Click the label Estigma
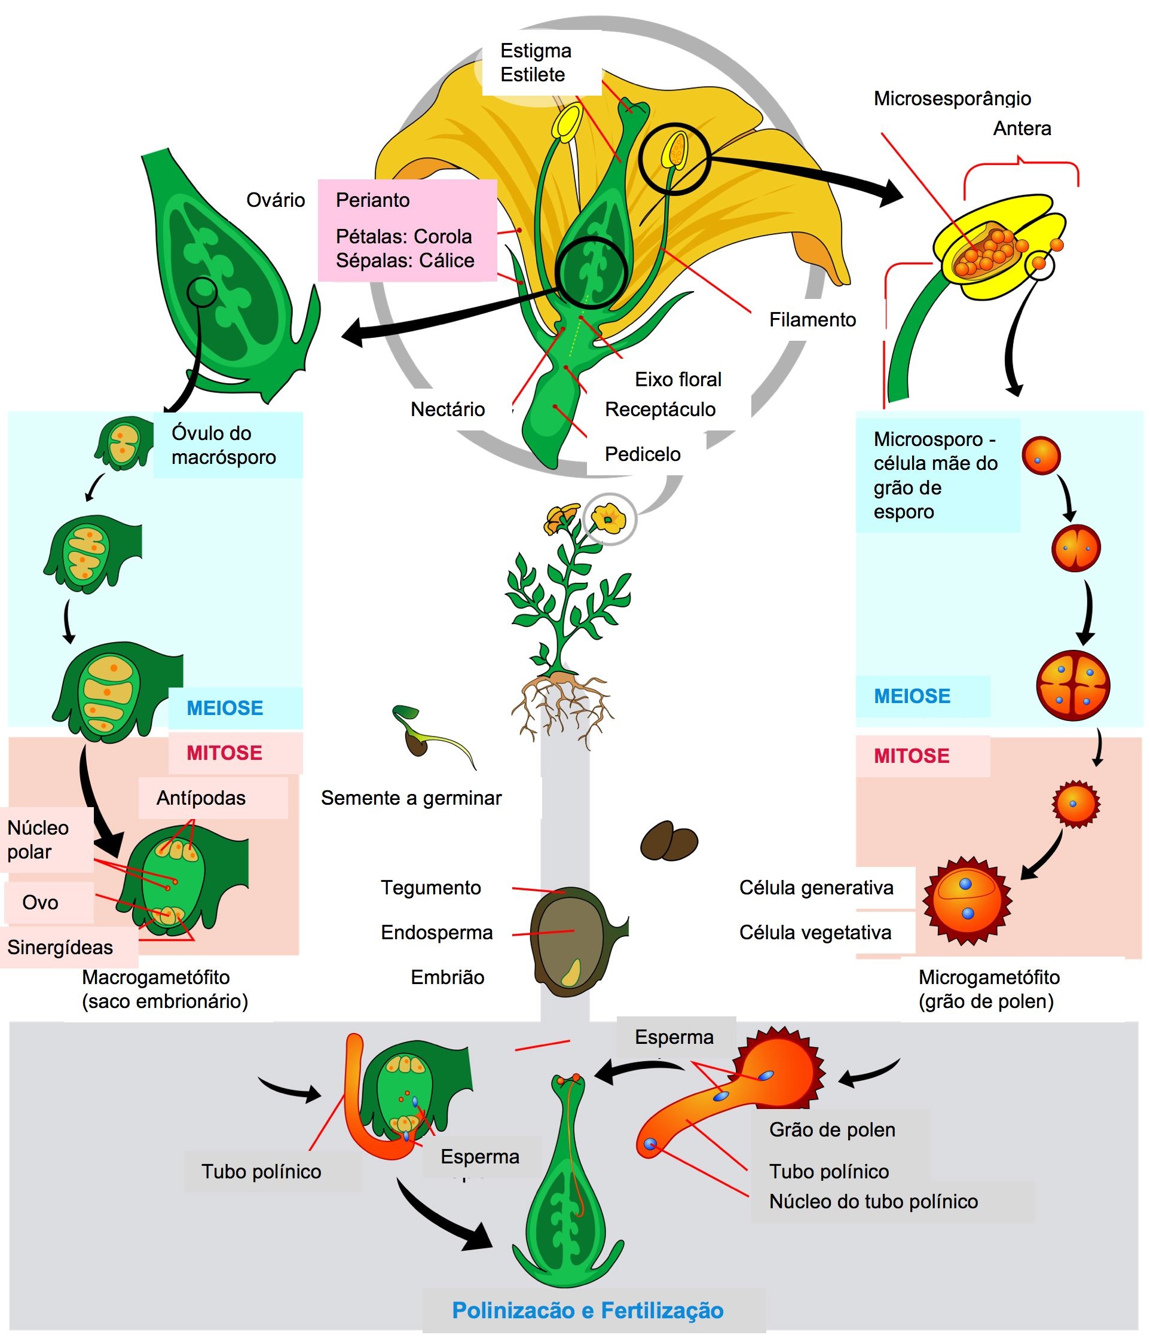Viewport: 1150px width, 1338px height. [536, 51]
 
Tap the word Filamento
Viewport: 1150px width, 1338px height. [812, 320]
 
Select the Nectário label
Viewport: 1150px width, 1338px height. [448, 410]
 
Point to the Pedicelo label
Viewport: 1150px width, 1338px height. [642, 454]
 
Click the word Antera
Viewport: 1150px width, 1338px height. [1021, 129]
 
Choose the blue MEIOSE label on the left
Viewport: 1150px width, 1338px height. [225, 708]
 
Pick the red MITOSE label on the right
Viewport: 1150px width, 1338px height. [911, 756]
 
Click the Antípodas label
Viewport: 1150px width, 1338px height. [201, 798]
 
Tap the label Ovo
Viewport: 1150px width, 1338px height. [40, 902]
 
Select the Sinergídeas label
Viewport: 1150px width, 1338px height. [60, 948]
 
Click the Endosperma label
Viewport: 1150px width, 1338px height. [436, 933]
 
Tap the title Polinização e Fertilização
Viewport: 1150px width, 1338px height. [588, 1310]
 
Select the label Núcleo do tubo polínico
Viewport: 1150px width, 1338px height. [873, 1201]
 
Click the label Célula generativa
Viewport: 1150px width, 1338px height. [816, 888]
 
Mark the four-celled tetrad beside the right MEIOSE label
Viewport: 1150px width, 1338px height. [1072, 686]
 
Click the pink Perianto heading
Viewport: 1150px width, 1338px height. [372, 200]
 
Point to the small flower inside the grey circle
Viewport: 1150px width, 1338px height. [609, 518]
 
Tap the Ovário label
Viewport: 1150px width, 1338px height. [276, 200]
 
